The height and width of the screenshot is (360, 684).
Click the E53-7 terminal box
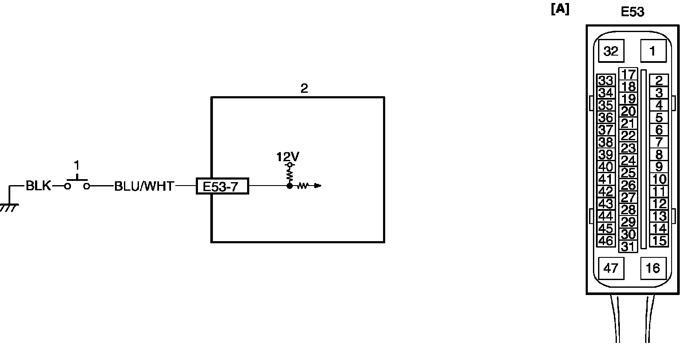[x=222, y=186]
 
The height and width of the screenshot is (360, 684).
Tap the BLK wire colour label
[x=38, y=186]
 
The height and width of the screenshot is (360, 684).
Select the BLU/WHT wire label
[x=144, y=186]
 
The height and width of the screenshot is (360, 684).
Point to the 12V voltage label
[x=288, y=157]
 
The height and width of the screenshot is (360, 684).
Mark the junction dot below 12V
[x=290, y=186]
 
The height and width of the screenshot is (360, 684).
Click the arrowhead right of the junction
[x=318, y=186]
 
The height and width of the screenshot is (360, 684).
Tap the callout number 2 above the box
[x=304, y=89]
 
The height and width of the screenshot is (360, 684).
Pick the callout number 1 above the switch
[x=77, y=165]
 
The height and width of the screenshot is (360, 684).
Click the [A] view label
[x=560, y=9]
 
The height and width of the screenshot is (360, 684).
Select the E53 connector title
[x=632, y=12]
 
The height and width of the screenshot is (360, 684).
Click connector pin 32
[x=611, y=51]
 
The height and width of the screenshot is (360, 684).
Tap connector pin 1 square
[x=653, y=51]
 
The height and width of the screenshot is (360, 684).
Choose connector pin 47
[x=611, y=268]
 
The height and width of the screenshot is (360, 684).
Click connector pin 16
[x=653, y=268]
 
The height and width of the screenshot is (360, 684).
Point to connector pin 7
[x=659, y=142]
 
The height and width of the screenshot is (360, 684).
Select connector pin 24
[x=628, y=161]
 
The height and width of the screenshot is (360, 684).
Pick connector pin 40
[x=605, y=167]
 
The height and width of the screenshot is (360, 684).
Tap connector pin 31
[x=628, y=247]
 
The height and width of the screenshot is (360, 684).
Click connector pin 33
[x=605, y=80]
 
